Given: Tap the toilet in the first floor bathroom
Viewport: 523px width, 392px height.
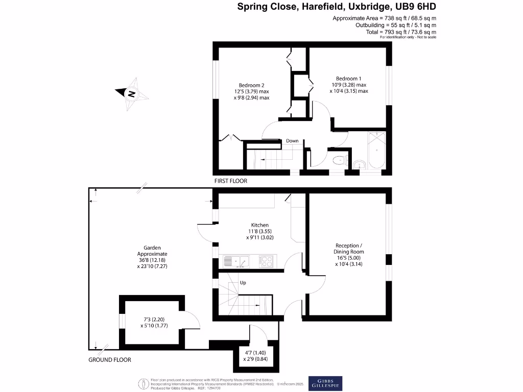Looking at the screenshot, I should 338,161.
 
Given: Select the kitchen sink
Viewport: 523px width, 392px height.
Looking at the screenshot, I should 235,262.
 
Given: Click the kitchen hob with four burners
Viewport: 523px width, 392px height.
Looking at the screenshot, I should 266,262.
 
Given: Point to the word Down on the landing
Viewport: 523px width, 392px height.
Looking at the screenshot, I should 292,141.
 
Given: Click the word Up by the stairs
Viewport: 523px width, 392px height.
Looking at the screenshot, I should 243,282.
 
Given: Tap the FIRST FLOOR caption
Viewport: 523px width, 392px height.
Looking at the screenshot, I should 231,181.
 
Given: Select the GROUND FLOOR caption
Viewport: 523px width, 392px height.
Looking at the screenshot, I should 110,360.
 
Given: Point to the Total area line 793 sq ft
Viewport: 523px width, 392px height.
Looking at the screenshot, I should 400,32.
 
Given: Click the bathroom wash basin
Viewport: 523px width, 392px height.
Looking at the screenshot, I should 360,164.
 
